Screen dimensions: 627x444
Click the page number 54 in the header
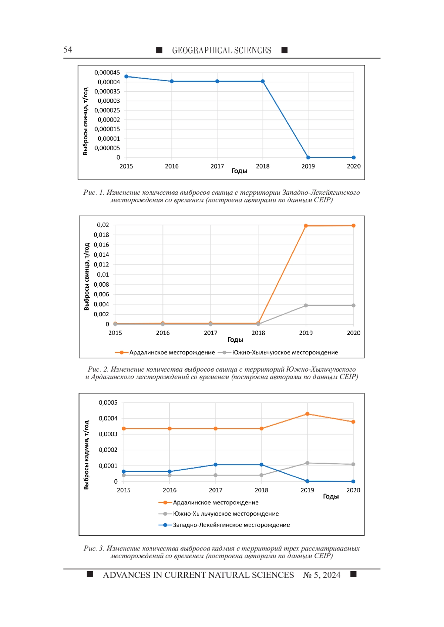pyautogui.click(x=68, y=50)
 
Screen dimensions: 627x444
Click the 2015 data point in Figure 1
pyautogui.click(x=126, y=76)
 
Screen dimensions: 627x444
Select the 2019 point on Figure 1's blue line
pyautogui.click(x=308, y=157)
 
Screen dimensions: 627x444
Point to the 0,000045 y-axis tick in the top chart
pyautogui.click(x=107, y=72)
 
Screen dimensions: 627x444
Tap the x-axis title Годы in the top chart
pyautogui.click(x=239, y=171)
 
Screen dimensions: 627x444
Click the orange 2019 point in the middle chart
pyautogui.click(x=306, y=226)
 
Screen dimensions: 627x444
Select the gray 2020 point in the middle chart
pyautogui.click(x=353, y=306)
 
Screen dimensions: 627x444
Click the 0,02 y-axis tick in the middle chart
pyautogui.click(x=103, y=225)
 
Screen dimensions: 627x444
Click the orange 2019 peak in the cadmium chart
pyautogui.click(x=307, y=414)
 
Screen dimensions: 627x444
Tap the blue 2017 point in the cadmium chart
pyautogui.click(x=216, y=464)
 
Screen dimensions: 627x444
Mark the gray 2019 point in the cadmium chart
pyautogui.click(x=307, y=463)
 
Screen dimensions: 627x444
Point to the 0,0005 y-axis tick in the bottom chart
pyautogui.click(x=108, y=402)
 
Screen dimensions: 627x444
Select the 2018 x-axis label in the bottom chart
pyautogui.click(x=261, y=490)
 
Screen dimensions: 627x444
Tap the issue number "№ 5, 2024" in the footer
pyautogui.click(x=322, y=575)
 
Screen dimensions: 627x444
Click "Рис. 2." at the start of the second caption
pyautogui.click(x=98, y=369)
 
